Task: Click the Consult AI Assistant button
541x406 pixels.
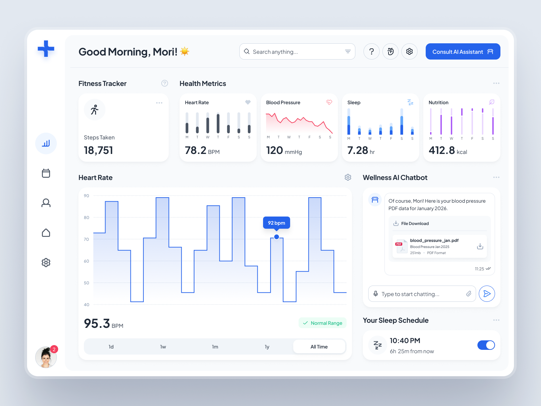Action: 463,51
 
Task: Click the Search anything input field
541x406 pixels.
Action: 294,52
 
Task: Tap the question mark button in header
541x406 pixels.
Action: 371,51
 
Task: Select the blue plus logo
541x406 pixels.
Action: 46,49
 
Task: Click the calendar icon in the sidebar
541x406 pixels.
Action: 46,173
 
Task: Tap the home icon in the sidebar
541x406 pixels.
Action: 46,233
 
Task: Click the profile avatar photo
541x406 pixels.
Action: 46,357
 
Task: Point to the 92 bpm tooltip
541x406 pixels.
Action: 276,223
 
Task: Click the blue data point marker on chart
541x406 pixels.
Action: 277,237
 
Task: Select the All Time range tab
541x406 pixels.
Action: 319,347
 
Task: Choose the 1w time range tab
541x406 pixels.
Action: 163,347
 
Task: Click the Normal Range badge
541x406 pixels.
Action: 323,323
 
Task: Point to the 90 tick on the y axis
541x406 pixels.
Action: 87,196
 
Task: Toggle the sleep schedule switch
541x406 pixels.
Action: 486,345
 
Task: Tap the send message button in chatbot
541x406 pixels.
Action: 487,294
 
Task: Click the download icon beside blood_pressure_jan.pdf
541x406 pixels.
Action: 480,246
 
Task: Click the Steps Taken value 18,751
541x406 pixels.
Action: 98,150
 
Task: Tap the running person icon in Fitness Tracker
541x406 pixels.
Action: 95,110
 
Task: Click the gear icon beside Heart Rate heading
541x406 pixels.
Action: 348,177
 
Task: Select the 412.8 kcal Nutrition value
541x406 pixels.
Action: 447,150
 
